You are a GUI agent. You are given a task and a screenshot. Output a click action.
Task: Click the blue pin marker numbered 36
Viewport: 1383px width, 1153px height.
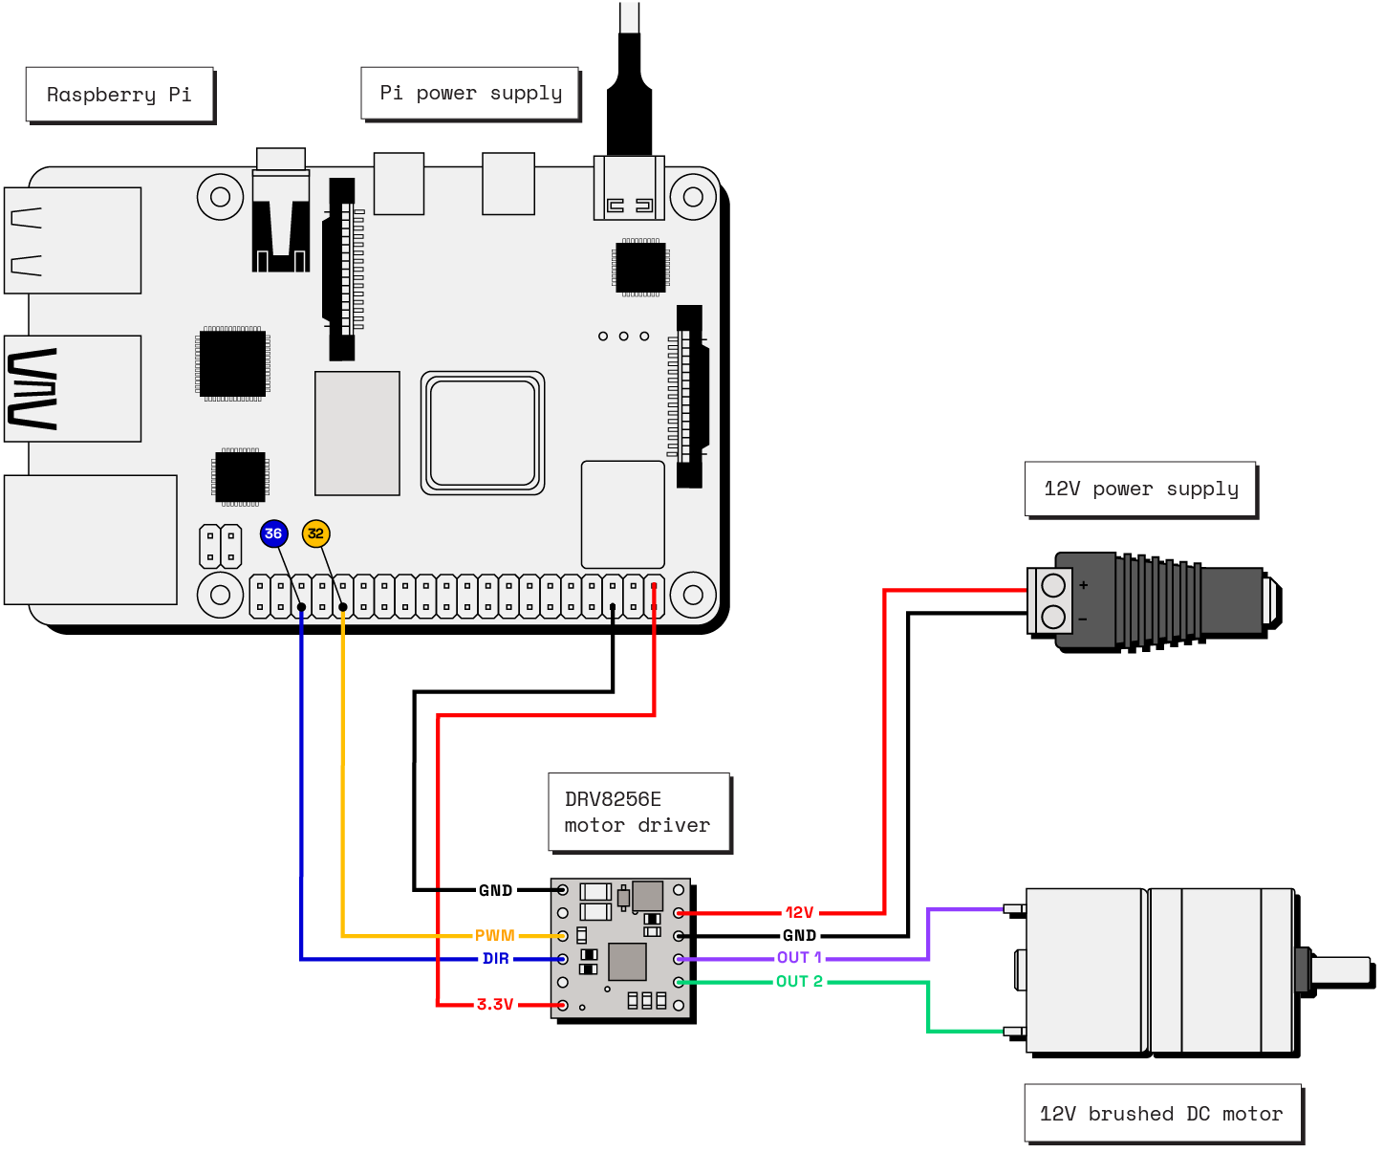point(273,533)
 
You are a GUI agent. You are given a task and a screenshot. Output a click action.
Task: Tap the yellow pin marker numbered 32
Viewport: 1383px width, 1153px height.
point(315,533)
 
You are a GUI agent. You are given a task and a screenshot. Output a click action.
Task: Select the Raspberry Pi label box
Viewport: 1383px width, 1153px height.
point(119,95)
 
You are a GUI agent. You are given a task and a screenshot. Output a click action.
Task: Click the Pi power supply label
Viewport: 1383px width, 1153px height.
point(470,93)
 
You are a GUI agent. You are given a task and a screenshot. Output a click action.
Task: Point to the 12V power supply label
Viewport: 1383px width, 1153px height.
point(1140,489)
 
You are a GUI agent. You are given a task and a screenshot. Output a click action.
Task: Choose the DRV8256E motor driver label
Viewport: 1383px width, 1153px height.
point(637,812)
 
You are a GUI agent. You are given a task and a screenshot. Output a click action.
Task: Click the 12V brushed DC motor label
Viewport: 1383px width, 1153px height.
point(1161,1113)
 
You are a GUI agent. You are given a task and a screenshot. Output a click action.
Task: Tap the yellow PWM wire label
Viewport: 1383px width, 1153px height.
point(494,935)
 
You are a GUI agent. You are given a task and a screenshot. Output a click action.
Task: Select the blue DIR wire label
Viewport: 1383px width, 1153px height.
point(495,958)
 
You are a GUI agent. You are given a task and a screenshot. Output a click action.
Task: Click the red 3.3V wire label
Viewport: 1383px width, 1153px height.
point(495,1004)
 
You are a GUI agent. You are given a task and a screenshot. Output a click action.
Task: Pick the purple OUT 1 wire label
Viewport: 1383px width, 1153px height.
point(799,957)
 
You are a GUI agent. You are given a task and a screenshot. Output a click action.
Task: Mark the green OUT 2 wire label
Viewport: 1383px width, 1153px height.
point(799,981)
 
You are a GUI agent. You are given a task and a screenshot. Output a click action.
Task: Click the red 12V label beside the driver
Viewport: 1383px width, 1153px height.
point(799,912)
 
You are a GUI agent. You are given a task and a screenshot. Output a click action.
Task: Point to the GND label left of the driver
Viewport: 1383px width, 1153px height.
point(495,890)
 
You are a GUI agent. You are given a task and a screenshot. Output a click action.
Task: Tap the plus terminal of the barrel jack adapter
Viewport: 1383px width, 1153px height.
point(1053,584)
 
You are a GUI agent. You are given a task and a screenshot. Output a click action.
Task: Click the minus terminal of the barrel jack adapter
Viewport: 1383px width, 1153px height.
point(1053,617)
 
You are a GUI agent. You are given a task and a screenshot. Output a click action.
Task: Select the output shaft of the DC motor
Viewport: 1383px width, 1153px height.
point(1340,970)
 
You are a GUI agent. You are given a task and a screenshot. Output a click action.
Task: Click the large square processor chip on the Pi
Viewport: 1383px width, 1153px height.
point(483,433)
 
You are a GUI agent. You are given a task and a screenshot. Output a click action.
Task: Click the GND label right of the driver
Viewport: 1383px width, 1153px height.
point(799,935)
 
